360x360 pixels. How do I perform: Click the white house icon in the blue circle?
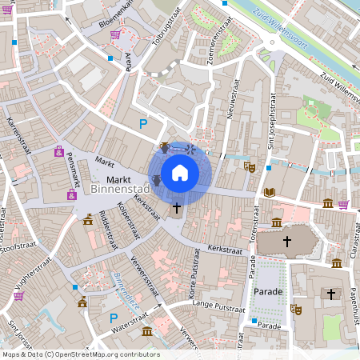click(x=180, y=173)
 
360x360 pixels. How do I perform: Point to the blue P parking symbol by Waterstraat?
click(x=113, y=318)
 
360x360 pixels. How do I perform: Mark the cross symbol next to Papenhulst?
click(x=330, y=294)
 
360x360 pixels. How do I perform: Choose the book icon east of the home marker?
click(x=270, y=192)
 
